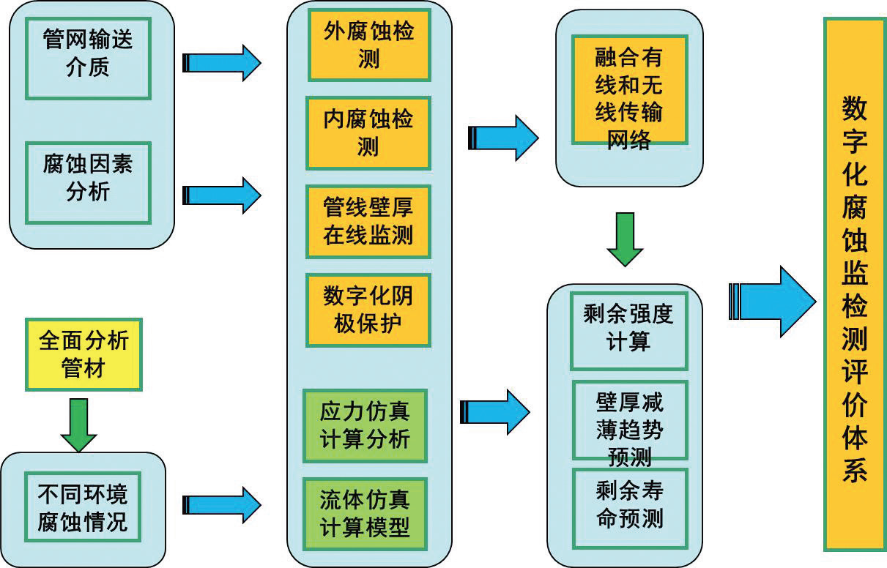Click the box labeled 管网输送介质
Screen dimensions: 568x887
point(88,56)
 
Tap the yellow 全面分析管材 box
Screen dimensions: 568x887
point(83,354)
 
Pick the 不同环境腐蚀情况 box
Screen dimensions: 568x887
point(82,509)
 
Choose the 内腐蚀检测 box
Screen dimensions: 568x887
point(368,132)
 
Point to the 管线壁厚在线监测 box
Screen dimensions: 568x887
point(368,221)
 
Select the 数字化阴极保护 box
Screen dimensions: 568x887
point(368,310)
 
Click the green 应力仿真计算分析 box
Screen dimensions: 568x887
point(365,425)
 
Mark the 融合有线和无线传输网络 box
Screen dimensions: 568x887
point(629,89)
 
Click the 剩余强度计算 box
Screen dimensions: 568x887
point(628,329)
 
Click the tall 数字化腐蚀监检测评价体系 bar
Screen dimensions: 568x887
point(855,284)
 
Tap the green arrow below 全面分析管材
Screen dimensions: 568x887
point(78,425)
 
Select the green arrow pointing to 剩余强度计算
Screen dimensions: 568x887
point(625,239)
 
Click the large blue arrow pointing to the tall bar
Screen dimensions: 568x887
point(773,301)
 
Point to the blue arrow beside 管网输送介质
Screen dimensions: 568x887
point(221,63)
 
